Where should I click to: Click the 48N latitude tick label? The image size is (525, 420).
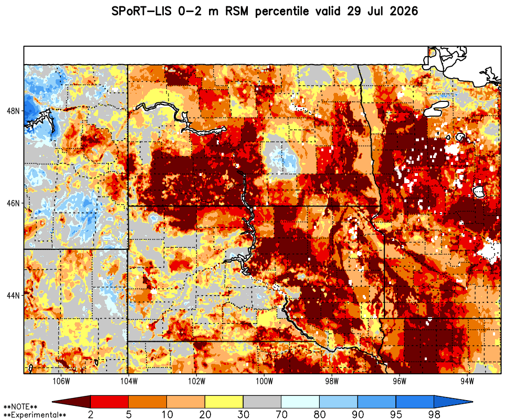click(x=13, y=111)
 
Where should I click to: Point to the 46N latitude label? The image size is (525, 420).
click(x=13, y=203)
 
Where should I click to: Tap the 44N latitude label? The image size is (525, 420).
click(x=13, y=296)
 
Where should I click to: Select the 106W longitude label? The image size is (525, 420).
click(x=61, y=382)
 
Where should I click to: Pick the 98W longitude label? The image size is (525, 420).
click(x=332, y=382)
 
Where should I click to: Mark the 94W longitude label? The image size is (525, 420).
click(x=467, y=382)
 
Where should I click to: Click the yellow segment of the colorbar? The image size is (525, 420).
click(x=224, y=402)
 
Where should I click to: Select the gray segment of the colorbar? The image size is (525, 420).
click(x=262, y=402)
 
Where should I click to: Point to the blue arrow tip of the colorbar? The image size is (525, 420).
click(x=454, y=402)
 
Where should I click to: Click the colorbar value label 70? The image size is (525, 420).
click(x=281, y=415)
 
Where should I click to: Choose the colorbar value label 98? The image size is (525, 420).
click(x=434, y=415)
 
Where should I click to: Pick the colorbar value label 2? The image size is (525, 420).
click(x=91, y=415)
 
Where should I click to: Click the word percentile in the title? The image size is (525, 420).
click(x=282, y=12)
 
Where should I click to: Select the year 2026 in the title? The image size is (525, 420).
click(x=404, y=12)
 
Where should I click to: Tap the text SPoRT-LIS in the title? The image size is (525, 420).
click(x=141, y=12)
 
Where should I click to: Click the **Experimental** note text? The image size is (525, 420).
click(x=35, y=415)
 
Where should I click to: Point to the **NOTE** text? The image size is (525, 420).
click(x=20, y=407)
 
